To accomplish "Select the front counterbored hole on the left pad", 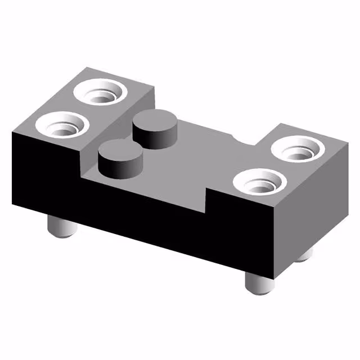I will [x=62, y=124].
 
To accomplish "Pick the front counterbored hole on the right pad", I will [x=260, y=184].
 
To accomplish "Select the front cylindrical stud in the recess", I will [x=120, y=158].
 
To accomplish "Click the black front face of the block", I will [x=141, y=208].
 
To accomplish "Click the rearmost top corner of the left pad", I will [x=85, y=68].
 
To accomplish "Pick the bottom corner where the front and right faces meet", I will [x=276, y=280].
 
